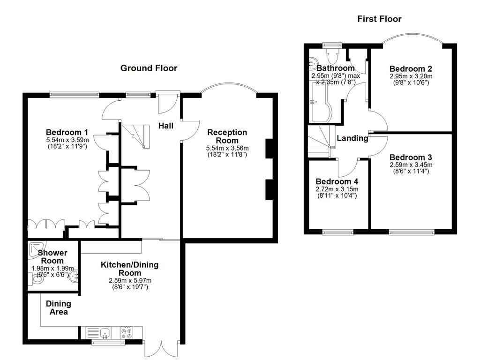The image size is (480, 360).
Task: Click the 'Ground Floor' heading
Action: coord(149,68)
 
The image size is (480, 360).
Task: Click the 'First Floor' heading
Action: coord(379,19)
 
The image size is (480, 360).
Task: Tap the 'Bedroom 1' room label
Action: coord(67,132)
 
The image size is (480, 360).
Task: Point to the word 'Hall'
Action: coord(165,126)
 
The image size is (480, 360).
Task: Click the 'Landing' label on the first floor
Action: coord(352,138)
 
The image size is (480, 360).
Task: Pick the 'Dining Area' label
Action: coord(59,308)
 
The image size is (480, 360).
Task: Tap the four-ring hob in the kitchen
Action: coord(127,333)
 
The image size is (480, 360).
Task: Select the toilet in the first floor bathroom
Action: coord(334,56)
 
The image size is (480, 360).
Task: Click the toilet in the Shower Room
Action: coord(36,280)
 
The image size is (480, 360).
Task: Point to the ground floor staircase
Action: coord(135,136)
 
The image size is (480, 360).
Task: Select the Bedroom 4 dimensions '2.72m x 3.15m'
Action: coord(337,189)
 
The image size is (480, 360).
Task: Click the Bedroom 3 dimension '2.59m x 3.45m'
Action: coord(411,165)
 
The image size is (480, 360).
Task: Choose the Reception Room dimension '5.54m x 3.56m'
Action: coord(227,148)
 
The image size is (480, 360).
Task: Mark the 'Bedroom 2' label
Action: coord(411,68)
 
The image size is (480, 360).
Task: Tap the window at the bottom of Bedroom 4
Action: coord(337,232)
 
